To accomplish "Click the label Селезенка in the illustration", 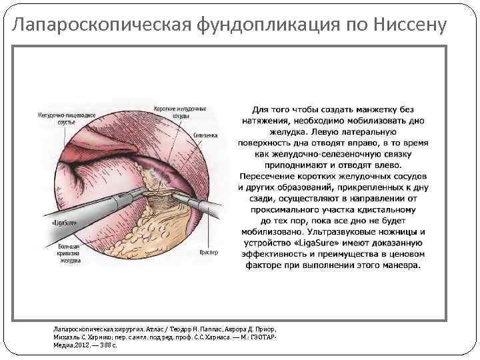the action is point(206,135).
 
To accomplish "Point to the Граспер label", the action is point(208,253).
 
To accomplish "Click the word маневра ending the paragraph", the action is point(399,265).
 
